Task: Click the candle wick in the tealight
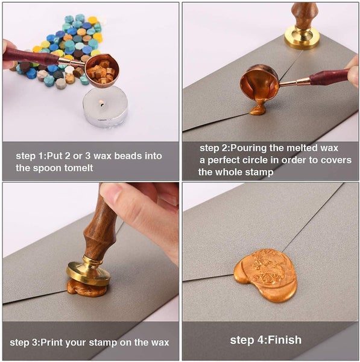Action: (101, 103)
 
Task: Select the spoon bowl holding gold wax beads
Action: (102, 71)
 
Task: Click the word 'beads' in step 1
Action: (128, 156)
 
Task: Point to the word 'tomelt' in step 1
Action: (78, 168)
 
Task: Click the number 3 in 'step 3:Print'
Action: (36, 342)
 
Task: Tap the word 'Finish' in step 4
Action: (285, 340)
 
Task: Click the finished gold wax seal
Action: (265, 275)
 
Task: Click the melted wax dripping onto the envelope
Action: (259, 108)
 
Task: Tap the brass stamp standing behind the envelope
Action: (302, 26)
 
